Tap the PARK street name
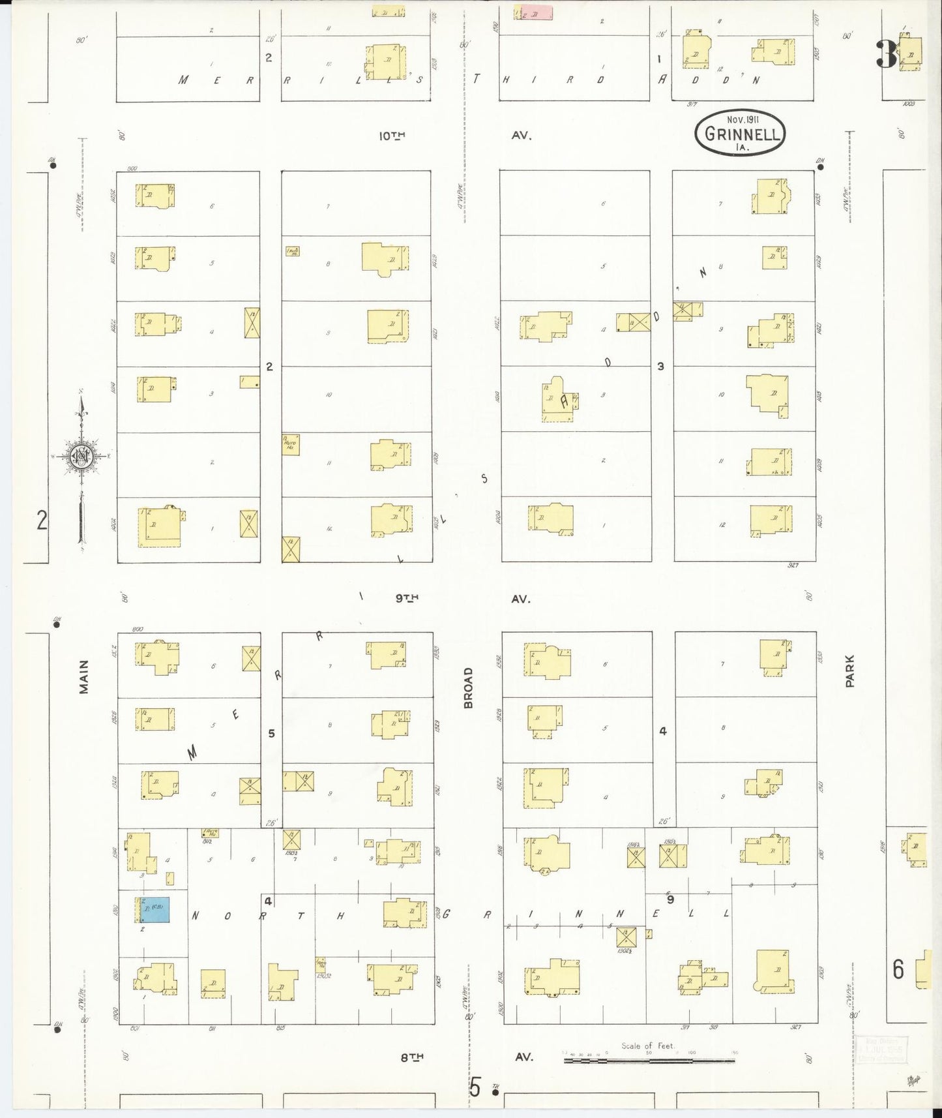point(849,671)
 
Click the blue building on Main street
point(155,911)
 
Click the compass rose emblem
point(81,456)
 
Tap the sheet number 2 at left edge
point(42,521)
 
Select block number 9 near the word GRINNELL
point(670,898)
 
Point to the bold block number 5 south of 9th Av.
point(272,733)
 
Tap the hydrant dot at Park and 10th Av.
point(821,166)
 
